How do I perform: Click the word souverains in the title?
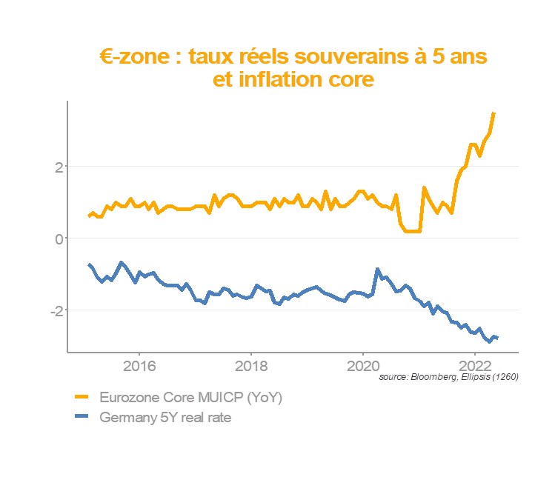[x=365, y=57]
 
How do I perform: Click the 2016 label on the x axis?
[x=139, y=365]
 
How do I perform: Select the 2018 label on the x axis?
[x=251, y=365]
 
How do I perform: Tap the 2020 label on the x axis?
[x=363, y=365]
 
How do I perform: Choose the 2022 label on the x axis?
[x=475, y=365]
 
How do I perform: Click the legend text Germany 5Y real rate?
[x=166, y=418]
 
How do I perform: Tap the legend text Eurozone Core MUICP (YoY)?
[x=191, y=398]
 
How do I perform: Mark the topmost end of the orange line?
[x=494, y=113]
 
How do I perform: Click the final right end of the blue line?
[x=497, y=338]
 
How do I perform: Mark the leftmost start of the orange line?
[x=89, y=216]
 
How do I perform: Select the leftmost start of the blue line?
[x=89, y=264]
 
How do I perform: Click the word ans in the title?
[x=468, y=57]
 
